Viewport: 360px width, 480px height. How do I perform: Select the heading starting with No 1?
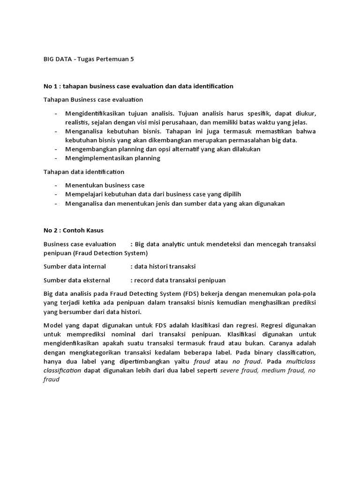pyautogui.click(x=138, y=86)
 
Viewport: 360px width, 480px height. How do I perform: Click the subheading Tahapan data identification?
pyautogui.click(x=84, y=172)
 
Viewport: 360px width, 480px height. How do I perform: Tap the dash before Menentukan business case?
pyautogui.click(x=56, y=186)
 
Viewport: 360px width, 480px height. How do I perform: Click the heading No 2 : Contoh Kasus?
pyautogui.click(x=74, y=231)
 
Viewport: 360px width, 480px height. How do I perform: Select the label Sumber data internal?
pyautogui.click(x=75, y=266)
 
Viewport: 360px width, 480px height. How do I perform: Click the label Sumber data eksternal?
pyautogui.click(x=77, y=280)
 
